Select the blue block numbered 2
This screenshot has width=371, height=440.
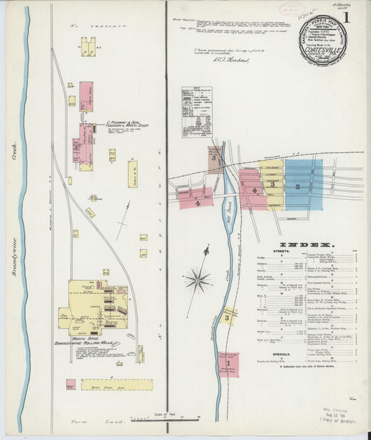(x=299, y=186)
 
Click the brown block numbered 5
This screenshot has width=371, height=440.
(x=215, y=159)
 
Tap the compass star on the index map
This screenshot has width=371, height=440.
(x=198, y=280)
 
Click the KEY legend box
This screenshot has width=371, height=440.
(x=197, y=111)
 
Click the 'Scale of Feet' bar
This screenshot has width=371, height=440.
(x=161, y=418)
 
